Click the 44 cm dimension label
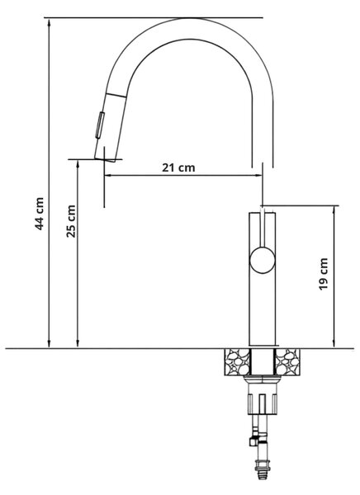[39, 214]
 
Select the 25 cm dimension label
[71, 221]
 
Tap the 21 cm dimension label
[178, 167]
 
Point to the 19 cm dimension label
[324, 274]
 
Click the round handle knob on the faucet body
[263, 260]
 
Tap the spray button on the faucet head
[100, 125]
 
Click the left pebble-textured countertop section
[237, 362]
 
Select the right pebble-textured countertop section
[287, 362]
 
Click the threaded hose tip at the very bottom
[262, 474]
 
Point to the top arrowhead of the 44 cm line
[49, 21]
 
